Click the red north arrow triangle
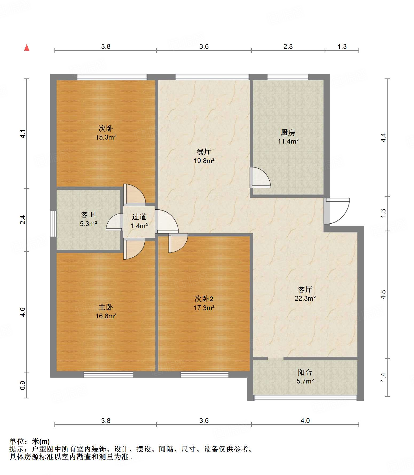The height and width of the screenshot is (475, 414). click(x=27, y=47)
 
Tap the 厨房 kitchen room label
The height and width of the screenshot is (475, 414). click(x=288, y=132)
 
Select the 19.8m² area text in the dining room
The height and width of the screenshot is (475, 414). click(x=204, y=161)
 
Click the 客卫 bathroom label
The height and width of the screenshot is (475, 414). click(x=88, y=215)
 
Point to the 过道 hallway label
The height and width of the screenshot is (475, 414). click(x=139, y=217)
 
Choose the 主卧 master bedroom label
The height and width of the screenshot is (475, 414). click(x=106, y=307)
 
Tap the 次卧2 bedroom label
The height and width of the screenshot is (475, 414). click(x=204, y=299)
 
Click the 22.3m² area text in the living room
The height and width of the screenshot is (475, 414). click(x=305, y=298)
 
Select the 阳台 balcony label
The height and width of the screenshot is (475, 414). click(x=305, y=372)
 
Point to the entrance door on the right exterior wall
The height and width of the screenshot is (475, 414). click(x=337, y=211)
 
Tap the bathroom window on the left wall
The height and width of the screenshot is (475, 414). click(x=53, y=224)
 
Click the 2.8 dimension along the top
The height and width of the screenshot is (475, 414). click(x=288, y=47)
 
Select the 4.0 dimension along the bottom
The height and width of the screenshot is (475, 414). click(x=305, y=421)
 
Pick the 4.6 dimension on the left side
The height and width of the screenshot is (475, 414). click(x=23, y=312)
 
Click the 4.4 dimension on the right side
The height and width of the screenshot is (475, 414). click(x=383, y=137)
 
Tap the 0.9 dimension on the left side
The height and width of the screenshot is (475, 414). click(x=23, y=385)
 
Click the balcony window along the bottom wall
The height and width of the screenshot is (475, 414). click(x=305, y=398)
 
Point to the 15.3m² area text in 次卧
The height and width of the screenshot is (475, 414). click(x=106, y=137)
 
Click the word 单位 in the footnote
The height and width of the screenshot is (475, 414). click(x=17, y=441)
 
